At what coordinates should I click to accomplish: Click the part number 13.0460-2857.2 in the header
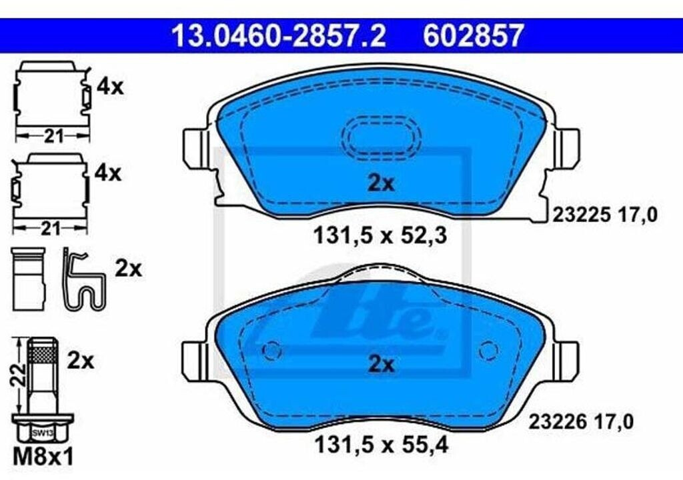point(279,35)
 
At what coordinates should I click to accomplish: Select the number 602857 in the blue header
point(473,35)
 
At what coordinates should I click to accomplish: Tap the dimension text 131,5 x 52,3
point(380,237)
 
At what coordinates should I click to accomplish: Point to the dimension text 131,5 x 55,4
point(381,445)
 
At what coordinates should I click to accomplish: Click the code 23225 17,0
point(604,215)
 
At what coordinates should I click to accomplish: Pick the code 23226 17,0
point(581,421)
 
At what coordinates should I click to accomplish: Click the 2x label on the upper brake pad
point(381,183)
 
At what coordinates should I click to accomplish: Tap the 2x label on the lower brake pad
point(381,364)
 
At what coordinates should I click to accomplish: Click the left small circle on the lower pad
point(272,350)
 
